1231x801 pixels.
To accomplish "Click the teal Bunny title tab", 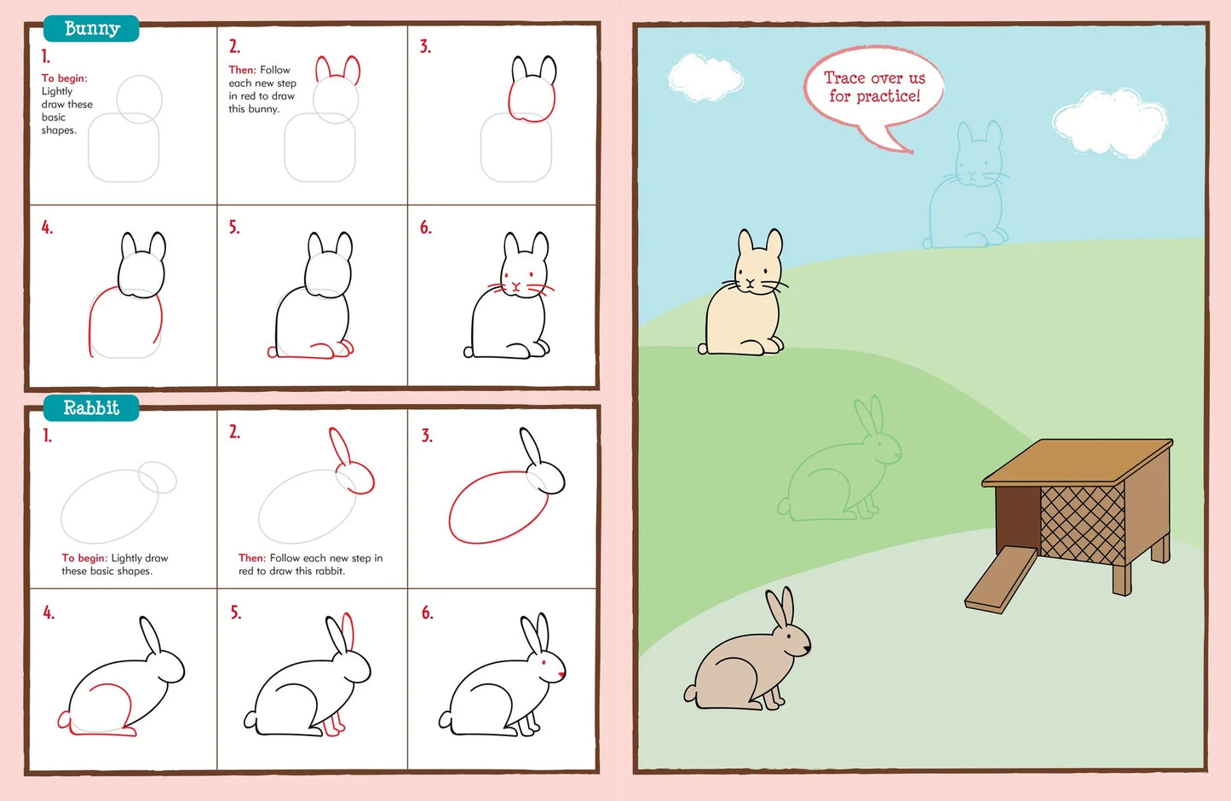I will pyautogui.click(x=91, y=28).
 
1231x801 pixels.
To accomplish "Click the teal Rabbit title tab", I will pyautogui.click(x=91, y=408).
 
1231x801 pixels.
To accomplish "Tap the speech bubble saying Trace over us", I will pyautogui.click(x=874, y=88).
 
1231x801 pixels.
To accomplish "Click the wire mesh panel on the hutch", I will pyautogui.click(x=1083, y=523).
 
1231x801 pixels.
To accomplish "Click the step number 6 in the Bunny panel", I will pyautogui.click(x=425, y=228).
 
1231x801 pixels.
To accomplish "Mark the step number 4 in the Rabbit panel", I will pyautogui.click(x=49, y=613).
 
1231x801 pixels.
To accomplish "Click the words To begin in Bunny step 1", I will pyautogui.click(x=65, y=78).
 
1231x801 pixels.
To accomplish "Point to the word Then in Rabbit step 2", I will pyautogui.click(x=251, y=558).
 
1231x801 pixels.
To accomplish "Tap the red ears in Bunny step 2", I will pyautogui.click(x=337, y=70).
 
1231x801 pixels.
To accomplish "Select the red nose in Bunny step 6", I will pyautogui.click(x=515, y=287).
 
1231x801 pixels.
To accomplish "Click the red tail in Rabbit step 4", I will pyautogui.click(x=63, y=721).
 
